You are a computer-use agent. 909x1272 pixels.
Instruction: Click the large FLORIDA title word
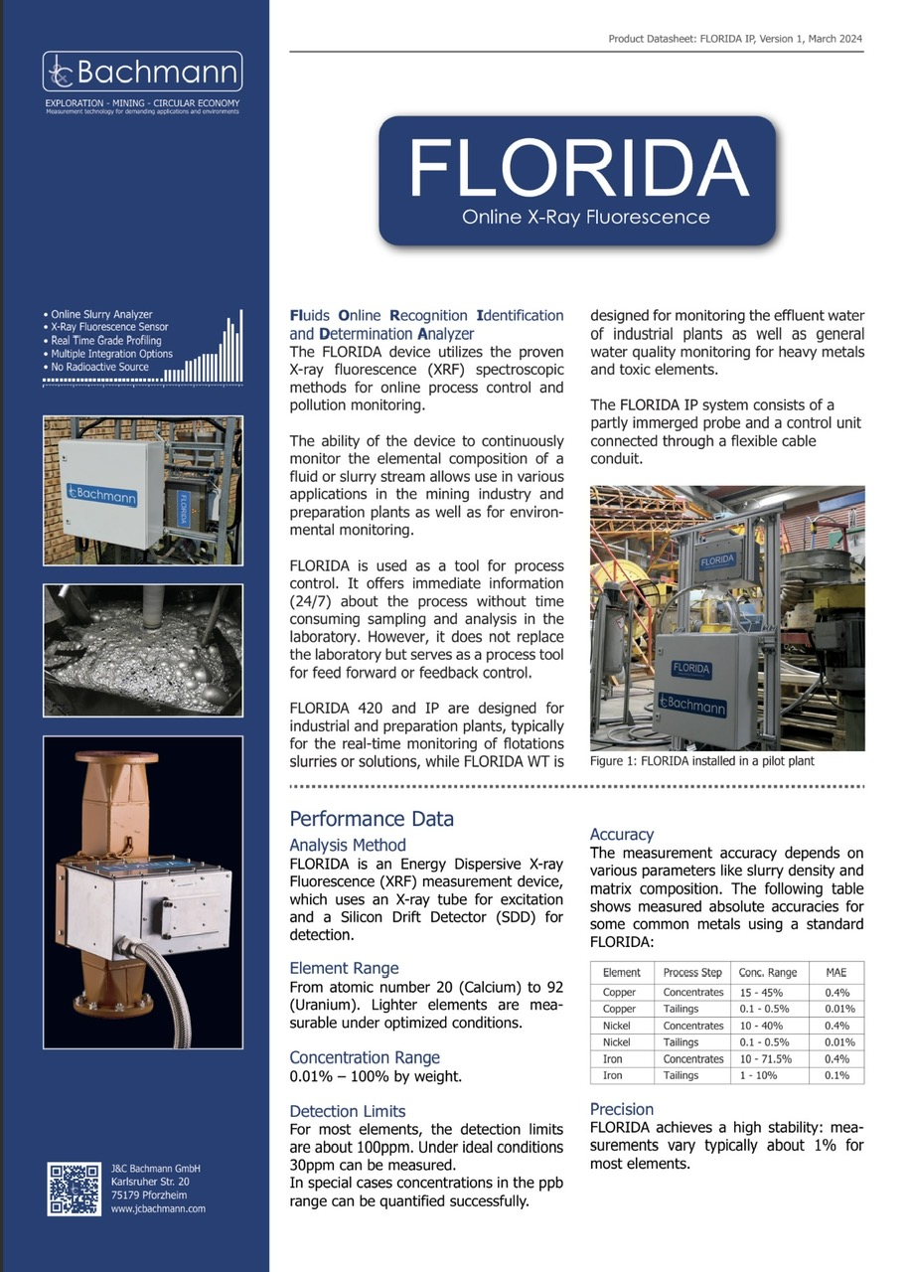[x=577, y=168]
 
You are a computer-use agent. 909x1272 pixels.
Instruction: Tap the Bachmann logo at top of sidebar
[x=142, y=73]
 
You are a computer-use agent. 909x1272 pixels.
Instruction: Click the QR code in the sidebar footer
[x=74, y=1188]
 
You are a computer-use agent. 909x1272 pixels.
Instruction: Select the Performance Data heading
[x=371, y=819]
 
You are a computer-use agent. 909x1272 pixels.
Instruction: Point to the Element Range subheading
[x=344, y=968]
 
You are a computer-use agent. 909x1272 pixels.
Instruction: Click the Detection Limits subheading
[x=347, y=1111]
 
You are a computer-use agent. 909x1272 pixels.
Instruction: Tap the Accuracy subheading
[x=622, y=835]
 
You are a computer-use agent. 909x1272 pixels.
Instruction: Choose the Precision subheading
[x=622, y=1109]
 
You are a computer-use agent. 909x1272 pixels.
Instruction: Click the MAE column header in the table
[x=835, y=972]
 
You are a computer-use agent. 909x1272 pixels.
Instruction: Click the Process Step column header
[x=692, y=972]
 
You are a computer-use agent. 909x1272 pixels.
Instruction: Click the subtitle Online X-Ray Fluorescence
[x=585, y=216]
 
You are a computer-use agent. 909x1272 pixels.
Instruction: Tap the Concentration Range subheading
[x=364, y=1057]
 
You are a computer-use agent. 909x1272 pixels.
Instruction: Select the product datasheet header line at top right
[x=734, y=39]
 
